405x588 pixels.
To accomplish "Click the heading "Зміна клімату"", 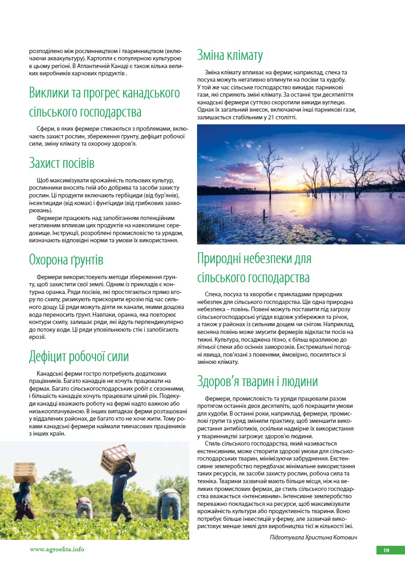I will [x=230, y=56].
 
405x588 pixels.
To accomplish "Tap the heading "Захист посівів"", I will [x=62, y=162].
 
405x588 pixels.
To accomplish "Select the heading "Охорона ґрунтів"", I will [x=66, y=260].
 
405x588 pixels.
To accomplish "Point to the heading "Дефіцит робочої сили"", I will [x=79, y=356].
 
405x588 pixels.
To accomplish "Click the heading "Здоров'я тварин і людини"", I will [x=257, y=381].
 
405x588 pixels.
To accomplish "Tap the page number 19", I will [x=386, y=550].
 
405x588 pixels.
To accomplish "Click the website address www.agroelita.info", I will [x=57, y=549].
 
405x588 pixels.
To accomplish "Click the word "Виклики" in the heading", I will [x=50, y=93].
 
